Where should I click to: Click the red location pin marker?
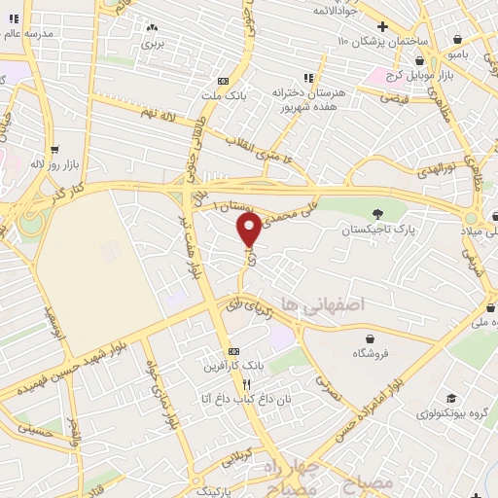[249, 230]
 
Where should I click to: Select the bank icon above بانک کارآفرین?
[231, 351]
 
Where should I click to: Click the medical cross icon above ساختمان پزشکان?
[382, 26]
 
